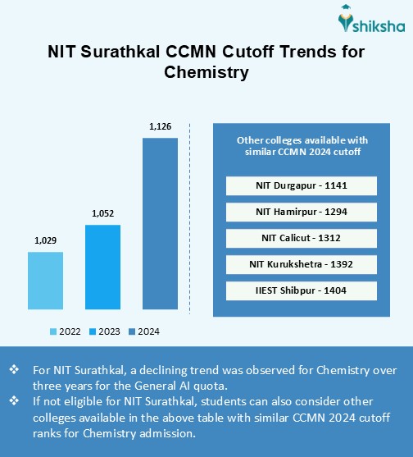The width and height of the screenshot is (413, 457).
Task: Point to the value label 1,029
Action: click(x=46, y=240)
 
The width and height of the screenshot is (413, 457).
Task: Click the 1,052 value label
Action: click(x=102, y=213)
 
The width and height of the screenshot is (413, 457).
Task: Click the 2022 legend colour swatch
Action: click(x=53, y=331)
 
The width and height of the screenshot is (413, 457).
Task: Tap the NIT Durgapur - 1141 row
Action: click(x=301, y=185)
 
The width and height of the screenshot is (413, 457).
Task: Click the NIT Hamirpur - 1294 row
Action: click(x=301, y=212)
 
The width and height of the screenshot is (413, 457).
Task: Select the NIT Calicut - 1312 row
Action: click(x=301, y=238)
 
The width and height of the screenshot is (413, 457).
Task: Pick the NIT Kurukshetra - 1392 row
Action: click(x=301, y=264)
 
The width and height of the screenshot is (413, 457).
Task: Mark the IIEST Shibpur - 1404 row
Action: click(x=301, y=290)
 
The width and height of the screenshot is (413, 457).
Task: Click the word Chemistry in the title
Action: click(x=206, y=72)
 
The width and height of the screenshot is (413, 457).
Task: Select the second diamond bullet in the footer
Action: click(x=13, y=401)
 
